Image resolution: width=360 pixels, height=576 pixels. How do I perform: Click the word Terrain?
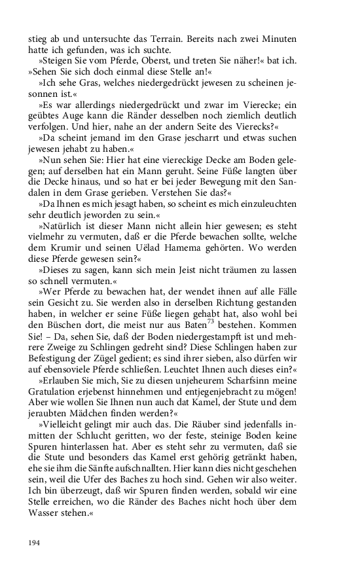[x=172, y=38]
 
